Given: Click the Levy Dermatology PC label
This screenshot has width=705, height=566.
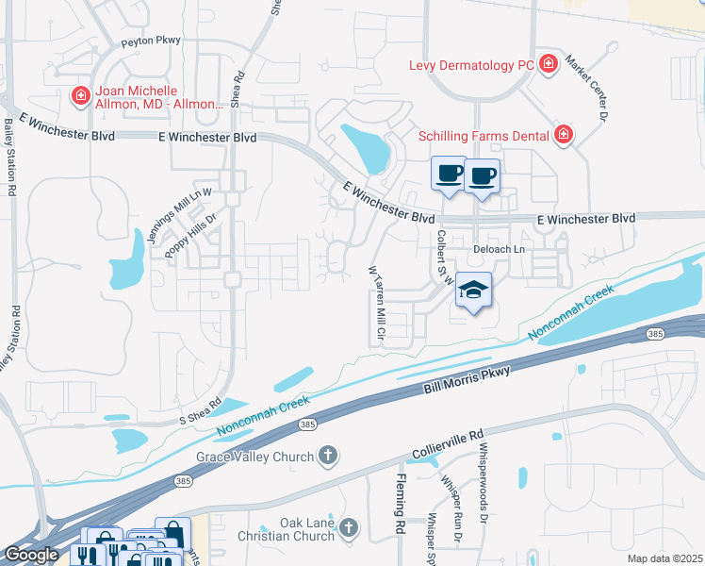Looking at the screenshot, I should (471, 65).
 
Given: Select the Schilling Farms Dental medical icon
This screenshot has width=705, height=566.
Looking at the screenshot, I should (564, 135).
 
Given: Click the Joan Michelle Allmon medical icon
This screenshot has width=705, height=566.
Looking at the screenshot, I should (81, 95).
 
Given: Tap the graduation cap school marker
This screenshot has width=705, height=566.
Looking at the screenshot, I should (473, 291).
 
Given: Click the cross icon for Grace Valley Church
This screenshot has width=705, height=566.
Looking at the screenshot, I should (328, 457).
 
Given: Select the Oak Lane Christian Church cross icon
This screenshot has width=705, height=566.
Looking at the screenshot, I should (350, 528).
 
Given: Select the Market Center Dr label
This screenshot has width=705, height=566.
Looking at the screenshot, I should (584, 91).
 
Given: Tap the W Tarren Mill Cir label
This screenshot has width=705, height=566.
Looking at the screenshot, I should (377, 305).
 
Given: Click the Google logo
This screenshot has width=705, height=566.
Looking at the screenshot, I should (31, 555).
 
